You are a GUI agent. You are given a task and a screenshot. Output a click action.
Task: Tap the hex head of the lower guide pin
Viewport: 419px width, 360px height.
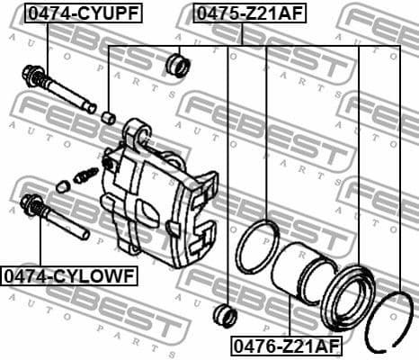[32, 203]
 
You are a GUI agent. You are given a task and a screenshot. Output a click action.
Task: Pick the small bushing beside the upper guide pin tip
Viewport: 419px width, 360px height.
[108, 116]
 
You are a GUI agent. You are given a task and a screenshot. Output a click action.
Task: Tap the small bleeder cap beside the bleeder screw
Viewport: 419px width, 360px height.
[62, 186]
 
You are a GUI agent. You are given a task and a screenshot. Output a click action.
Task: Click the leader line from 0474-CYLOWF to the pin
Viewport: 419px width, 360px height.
[40, 243]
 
